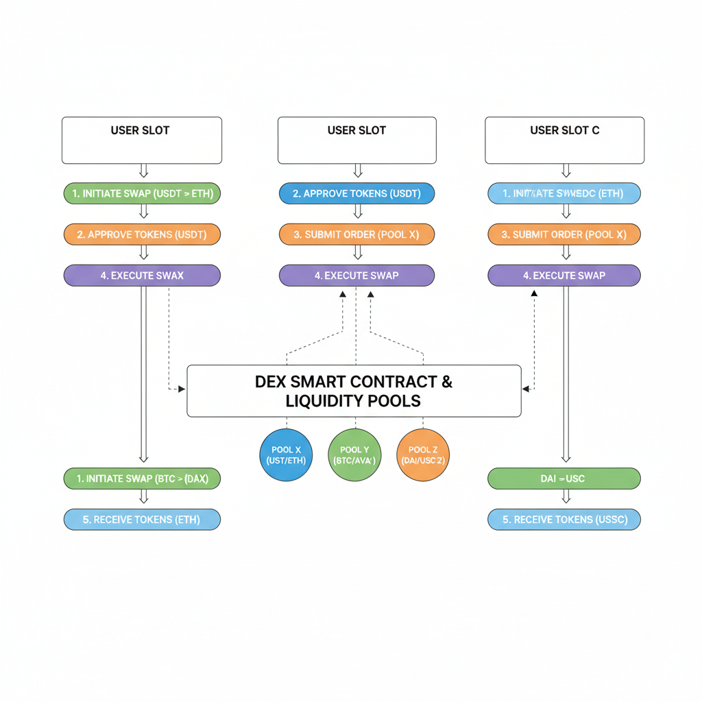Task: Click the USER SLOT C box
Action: tap(564, 140)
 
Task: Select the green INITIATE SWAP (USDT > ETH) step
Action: tap(142, 194)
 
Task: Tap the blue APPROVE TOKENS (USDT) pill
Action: tap(356, 194)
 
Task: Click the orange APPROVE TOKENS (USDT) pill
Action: tap(142, 234)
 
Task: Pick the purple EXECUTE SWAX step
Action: tap(142, 276)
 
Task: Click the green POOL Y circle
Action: tap(354, 455)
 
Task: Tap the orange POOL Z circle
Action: tap(422, 455)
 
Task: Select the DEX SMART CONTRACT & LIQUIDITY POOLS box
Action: tap(354, 391)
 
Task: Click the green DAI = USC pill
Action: tap(564, 479)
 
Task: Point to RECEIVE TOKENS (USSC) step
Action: tap(564, 520)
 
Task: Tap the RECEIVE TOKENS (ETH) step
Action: tap(142, 520)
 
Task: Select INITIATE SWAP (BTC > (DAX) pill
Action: tap(142, 479)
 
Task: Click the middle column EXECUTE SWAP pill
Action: tap(356, 276)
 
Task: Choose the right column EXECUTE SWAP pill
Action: tap(564, 276)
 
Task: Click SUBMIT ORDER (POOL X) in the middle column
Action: tap(356, 234)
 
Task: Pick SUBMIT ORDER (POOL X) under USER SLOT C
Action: tap(564, 234)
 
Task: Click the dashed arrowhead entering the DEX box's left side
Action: tap(182, 389)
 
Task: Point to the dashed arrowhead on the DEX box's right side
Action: tap(526, 389)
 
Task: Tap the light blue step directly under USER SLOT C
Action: tap(564, 194)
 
